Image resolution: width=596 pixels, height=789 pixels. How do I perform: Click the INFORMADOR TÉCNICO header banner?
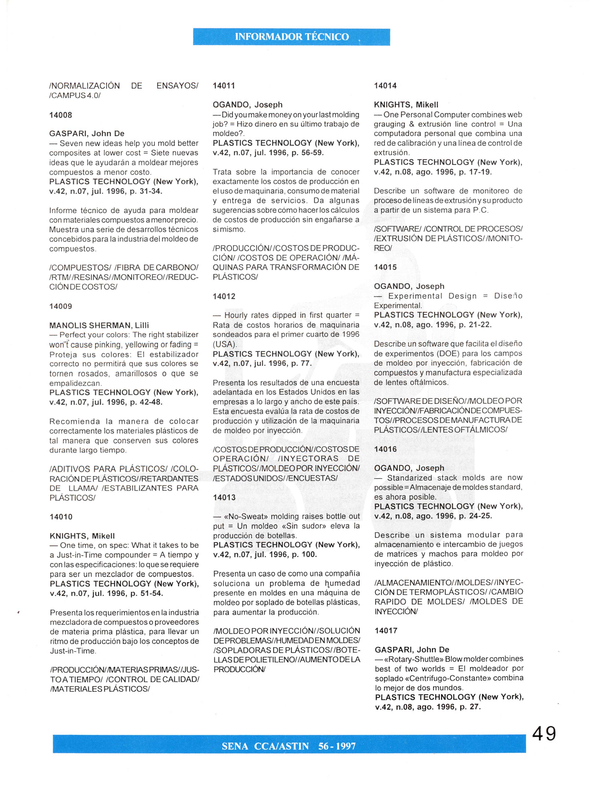click(x=292, y=37)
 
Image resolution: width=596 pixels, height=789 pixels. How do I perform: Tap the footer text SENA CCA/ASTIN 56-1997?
click(x=289, y=746)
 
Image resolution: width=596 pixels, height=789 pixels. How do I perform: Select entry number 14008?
click(x=61, y=115)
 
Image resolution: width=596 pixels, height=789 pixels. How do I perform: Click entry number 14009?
click(x=61, y=306)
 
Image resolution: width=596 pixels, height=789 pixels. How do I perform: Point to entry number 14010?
click(x=61, y=517)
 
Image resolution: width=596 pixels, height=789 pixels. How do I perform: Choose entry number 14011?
click(x=224, y=86)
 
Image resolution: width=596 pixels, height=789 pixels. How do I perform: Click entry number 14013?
click(x=224, y=497)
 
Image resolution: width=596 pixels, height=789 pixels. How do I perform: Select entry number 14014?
click(x=385, y=86)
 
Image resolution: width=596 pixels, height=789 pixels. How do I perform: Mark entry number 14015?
click(x=385, y=267)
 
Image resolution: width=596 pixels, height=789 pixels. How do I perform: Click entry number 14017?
click(x=386, y=631)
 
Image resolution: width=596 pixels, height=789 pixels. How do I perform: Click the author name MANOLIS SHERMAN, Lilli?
click(x=99, y=325)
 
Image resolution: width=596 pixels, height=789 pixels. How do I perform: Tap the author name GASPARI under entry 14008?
click(x=69, y=134)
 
